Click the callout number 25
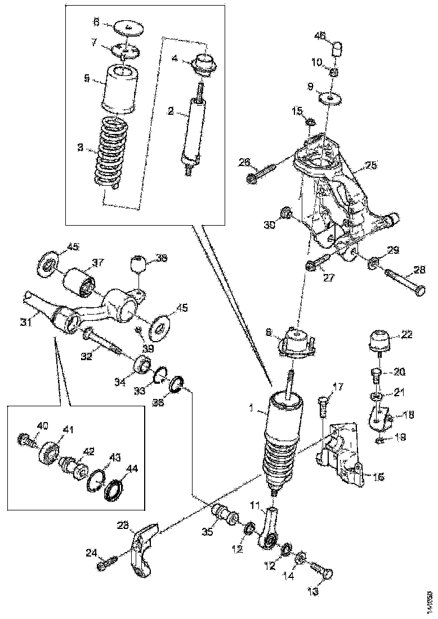pos(370,165)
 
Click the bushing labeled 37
pos(80,281)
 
